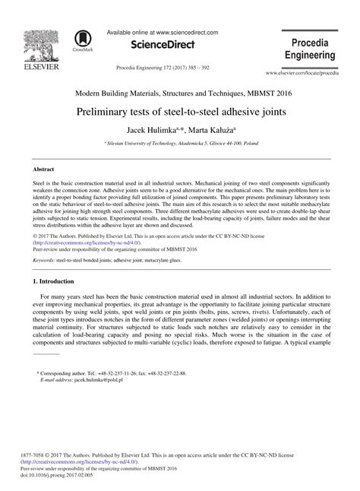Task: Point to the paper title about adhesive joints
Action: pos(179,111)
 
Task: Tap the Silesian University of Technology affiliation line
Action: pos(179,142)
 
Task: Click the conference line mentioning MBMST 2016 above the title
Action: pos(179,93)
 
